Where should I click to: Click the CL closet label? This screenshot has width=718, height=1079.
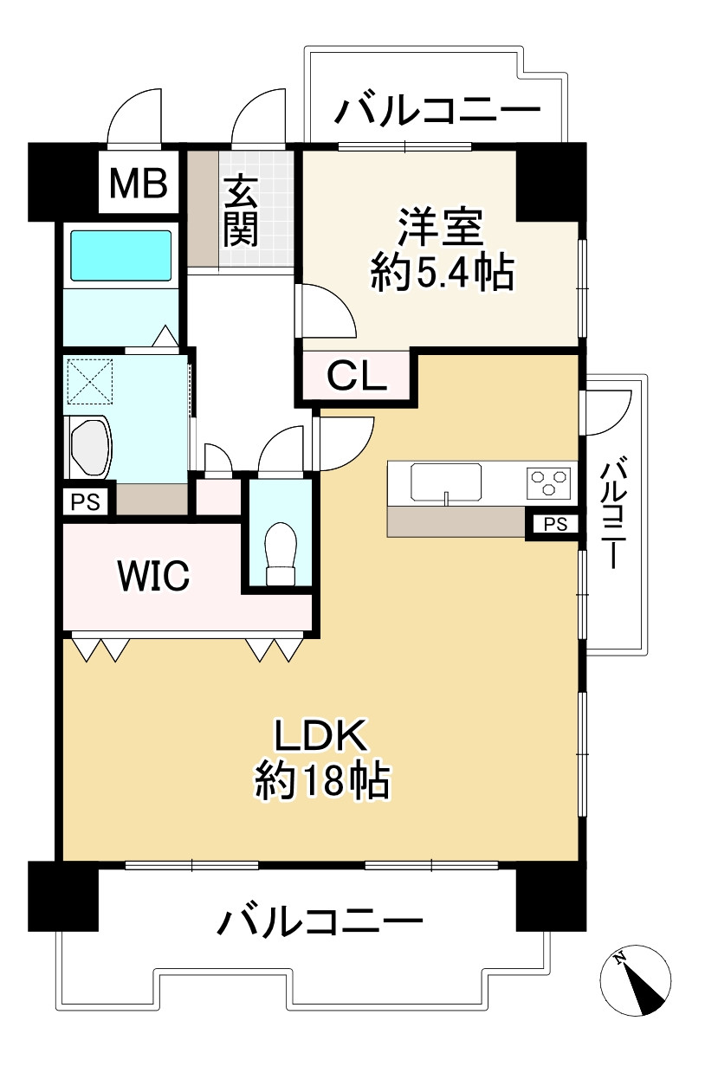(x=356, y=378)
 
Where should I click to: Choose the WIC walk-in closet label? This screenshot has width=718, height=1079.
(x=154, y=575)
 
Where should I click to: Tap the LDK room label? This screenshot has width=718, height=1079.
(x=321, y=737)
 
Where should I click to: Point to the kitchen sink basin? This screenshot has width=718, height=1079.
(x=445, y=481)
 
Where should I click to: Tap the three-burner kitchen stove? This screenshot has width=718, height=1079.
(x=549, y=481)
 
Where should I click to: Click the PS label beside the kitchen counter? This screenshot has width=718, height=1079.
(x=554, y=524)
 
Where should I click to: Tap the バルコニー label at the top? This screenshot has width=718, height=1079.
(x=438, y=113)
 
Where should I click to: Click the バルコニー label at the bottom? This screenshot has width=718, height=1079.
(x=320, y=921)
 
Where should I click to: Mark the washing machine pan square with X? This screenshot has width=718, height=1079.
(x=91, y=380)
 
